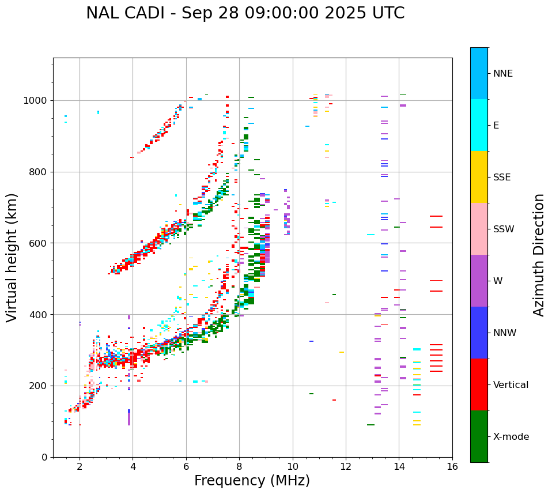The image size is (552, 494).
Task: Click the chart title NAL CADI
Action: coord(245,13)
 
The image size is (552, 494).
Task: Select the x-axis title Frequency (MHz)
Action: coord(252,481)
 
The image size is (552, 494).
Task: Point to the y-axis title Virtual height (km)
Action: coord(12,257)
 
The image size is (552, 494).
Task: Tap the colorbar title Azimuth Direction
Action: coord(539,254)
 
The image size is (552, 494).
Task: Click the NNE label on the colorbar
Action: coord(503,74)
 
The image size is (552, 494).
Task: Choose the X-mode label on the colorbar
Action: coord(511,437)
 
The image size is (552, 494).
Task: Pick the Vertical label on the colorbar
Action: coord(511,385)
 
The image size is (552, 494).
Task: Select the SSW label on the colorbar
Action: coord(504,229)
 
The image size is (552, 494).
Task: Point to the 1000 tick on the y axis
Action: coord(37,101)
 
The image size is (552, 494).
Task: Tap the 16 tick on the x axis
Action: coord(452,466)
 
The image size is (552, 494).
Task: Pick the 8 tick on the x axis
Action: coord(239,466)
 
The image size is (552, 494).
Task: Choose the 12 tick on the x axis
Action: coord(346,466)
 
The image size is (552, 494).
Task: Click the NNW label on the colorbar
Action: coord(505,333)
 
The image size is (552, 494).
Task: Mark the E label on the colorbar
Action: coord(496,126)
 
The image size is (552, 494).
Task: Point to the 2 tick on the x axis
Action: coord(80,466)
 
